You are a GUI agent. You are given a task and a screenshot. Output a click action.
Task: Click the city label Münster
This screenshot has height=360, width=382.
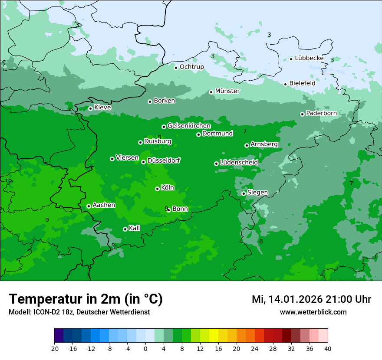[x=227, y=91]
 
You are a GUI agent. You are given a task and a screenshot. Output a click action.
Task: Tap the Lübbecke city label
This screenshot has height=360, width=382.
[x=309, y=58]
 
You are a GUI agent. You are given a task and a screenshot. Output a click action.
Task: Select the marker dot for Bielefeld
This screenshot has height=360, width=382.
[x=285, y=84]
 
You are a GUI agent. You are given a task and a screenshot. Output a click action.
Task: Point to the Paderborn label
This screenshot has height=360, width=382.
[x=321, y=113]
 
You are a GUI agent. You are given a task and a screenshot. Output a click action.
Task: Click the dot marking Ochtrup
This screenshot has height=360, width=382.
[x=176, y=67]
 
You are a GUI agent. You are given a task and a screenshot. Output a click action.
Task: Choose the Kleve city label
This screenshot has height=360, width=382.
[x=102, y=108]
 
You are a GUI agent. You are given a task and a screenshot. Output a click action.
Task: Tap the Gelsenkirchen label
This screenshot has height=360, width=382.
[x=189, y=126]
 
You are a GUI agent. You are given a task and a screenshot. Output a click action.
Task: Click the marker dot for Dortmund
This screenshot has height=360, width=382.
[x=198, y=134]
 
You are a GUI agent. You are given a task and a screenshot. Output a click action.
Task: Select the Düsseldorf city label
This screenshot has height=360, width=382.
[x=164, y=160]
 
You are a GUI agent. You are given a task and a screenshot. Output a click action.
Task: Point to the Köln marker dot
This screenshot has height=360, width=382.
[x=157, y=189]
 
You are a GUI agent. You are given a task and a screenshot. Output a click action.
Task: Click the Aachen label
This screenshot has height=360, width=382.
[x=104, y=205]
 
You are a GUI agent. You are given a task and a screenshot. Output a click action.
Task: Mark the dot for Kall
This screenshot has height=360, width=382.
[x=125, y=229]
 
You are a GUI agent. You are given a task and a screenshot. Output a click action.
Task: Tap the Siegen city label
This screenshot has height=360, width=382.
[x=257, y=193]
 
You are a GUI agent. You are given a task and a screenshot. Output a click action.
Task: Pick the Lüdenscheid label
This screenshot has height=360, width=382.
[x=239, y=163]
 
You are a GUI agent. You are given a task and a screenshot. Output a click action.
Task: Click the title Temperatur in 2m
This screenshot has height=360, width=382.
[x=86, y=299]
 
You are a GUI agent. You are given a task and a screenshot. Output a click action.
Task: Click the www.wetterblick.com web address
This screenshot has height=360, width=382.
[x=313, y=312]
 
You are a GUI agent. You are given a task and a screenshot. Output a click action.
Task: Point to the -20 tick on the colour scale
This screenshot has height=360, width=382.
[x=54, y=348]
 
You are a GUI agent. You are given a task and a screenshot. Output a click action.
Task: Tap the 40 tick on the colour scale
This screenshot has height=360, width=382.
[x=327, y=348]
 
